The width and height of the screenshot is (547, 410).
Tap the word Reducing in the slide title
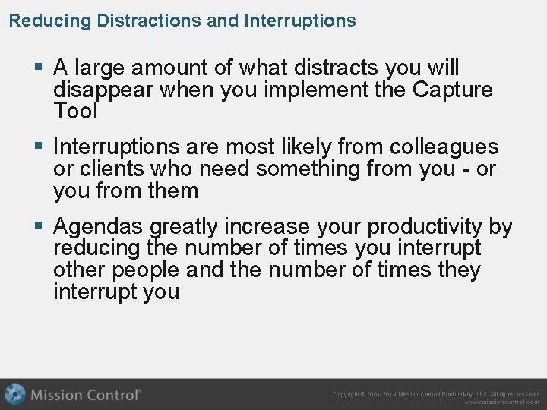coord(50,20)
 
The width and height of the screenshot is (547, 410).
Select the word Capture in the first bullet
coord(452,90)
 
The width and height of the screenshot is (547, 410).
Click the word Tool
coord(75,112)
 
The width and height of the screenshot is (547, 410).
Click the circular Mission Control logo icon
coord(15,395)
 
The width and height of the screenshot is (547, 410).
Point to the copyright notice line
coord(436,395)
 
